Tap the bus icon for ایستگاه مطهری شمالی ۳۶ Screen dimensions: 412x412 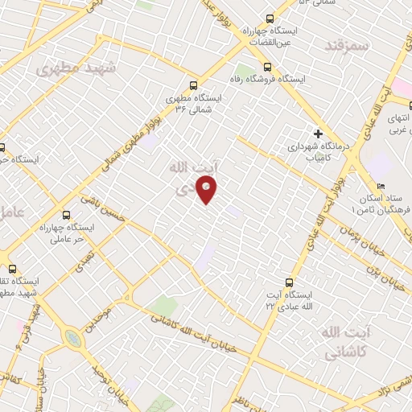193,84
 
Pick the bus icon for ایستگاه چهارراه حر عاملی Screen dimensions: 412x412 66,216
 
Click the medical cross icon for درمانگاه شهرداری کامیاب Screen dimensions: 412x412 318,134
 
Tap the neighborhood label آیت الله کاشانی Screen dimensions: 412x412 348,342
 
